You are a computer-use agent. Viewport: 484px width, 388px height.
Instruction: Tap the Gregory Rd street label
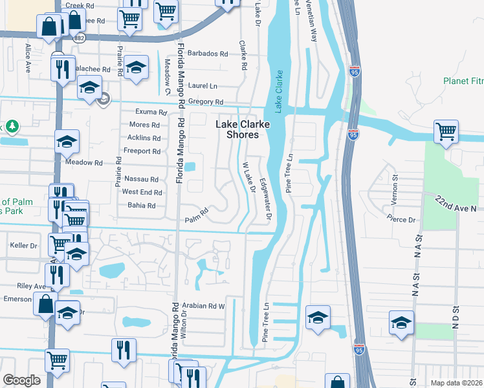[205, 102]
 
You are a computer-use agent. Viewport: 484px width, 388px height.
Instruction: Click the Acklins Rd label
[144, 138]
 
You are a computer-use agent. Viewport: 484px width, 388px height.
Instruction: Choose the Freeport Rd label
[143, 151]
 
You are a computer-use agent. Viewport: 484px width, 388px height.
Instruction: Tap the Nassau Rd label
[141, 179]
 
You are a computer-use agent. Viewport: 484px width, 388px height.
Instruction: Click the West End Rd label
[142, 192]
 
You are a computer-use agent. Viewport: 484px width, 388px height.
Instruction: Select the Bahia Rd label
[142, 206]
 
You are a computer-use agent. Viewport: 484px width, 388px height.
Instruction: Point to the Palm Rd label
[197, 214]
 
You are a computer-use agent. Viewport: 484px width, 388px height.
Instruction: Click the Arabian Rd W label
[203, 306]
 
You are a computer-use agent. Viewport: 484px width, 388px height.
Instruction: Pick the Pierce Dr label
[403, 219]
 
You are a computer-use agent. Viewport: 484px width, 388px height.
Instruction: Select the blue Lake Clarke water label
[277, 92]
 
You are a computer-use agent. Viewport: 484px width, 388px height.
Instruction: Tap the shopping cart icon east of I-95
[446, 132]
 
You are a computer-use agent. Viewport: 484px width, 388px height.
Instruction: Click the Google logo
[21, 380]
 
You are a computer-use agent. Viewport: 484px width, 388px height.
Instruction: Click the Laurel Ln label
[203, 85]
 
